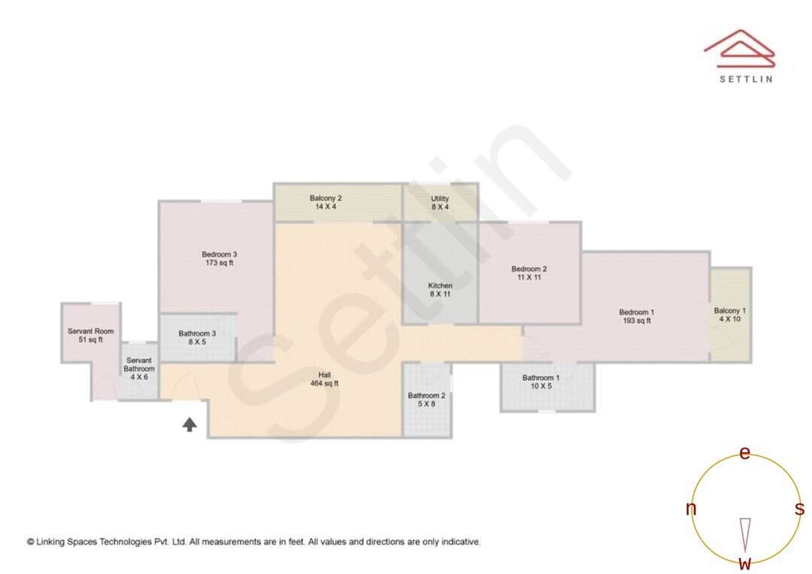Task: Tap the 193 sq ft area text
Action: [636, 321]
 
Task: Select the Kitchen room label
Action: [440, 285]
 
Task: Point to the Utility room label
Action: [440, 198]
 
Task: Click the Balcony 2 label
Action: [326, 198]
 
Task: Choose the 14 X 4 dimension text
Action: [326, 207]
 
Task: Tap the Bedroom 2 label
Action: [529, 269]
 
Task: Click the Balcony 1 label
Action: [729, 310]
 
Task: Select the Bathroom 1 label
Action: [541, 378]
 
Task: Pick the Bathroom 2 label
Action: [427, 395]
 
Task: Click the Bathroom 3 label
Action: [197, 334]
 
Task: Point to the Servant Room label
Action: [90, 331]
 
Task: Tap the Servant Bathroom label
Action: [139, 364]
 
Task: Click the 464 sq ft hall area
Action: [325, 383]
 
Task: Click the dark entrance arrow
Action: [189, 424]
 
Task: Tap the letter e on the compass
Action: [745, 453]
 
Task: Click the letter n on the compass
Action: [690, 509]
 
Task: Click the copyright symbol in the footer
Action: [31, 541]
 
